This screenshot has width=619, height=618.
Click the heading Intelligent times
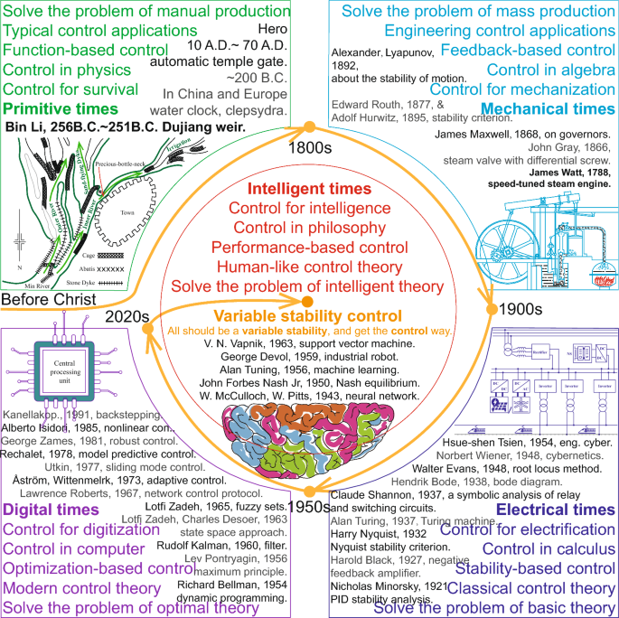[x=307, y=190]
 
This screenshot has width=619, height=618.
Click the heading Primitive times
[x=55, y=108]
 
